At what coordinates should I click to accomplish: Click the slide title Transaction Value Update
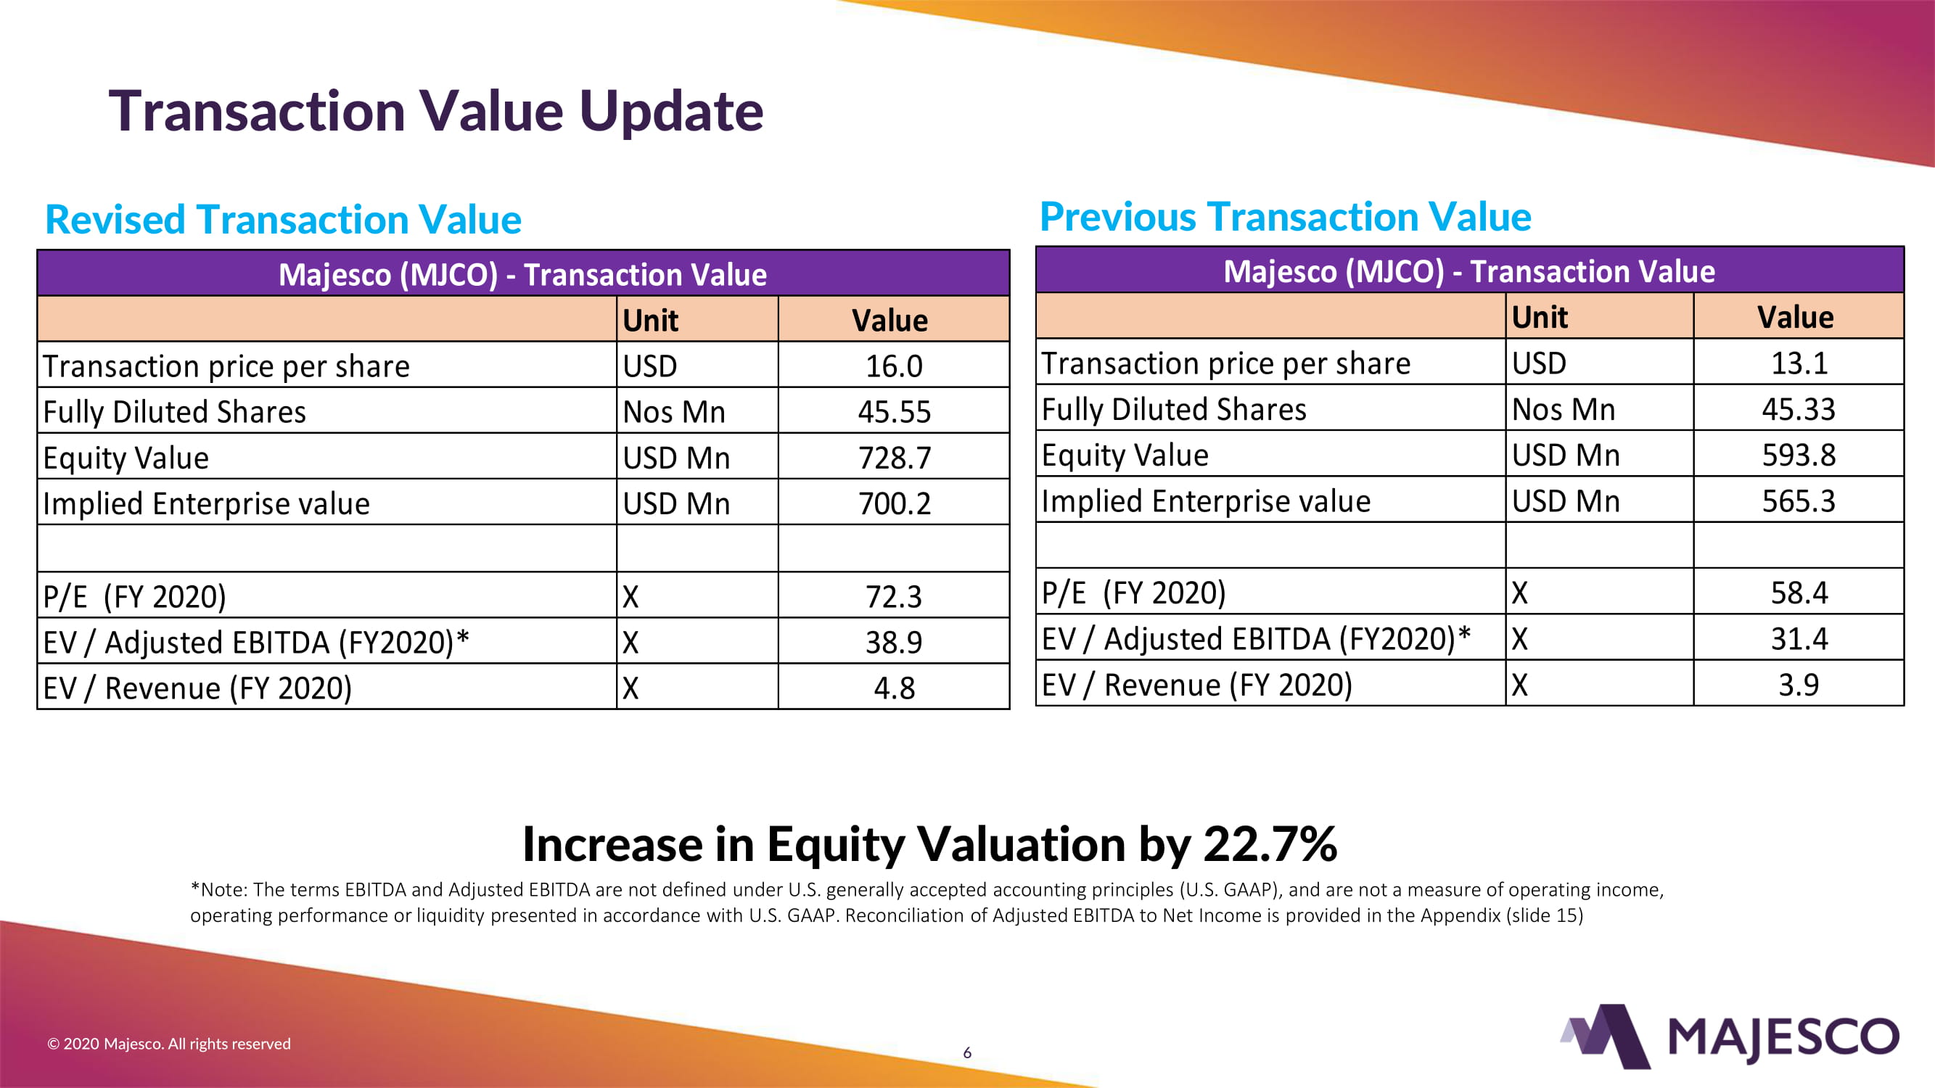coord(435,111)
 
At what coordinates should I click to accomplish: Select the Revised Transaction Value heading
coord(283,219)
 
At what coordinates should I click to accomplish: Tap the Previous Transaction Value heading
coord(1285,217)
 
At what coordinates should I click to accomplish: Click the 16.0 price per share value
coord(894,366)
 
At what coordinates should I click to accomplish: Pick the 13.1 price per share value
coord(1799,363)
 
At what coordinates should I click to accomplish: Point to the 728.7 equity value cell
coord(894,458)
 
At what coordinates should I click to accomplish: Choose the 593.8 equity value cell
coord(1799,455)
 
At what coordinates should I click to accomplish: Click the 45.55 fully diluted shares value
coord(894,412)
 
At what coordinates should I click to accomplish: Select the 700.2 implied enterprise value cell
coord(894,504)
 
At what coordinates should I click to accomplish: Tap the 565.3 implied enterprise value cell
coord(1799,500)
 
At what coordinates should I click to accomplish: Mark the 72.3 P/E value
coord(894,597)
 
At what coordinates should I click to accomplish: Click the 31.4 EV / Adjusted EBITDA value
coord(1799,639)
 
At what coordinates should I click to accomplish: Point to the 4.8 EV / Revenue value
coord(894,688)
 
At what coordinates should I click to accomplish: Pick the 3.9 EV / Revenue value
coord(1799,685)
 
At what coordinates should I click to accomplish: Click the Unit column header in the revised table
coord(651,321)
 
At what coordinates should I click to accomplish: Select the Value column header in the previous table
coord(1795,318)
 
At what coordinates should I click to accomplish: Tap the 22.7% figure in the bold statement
coord(1270,844)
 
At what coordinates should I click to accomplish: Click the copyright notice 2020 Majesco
coord(169,1044)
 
